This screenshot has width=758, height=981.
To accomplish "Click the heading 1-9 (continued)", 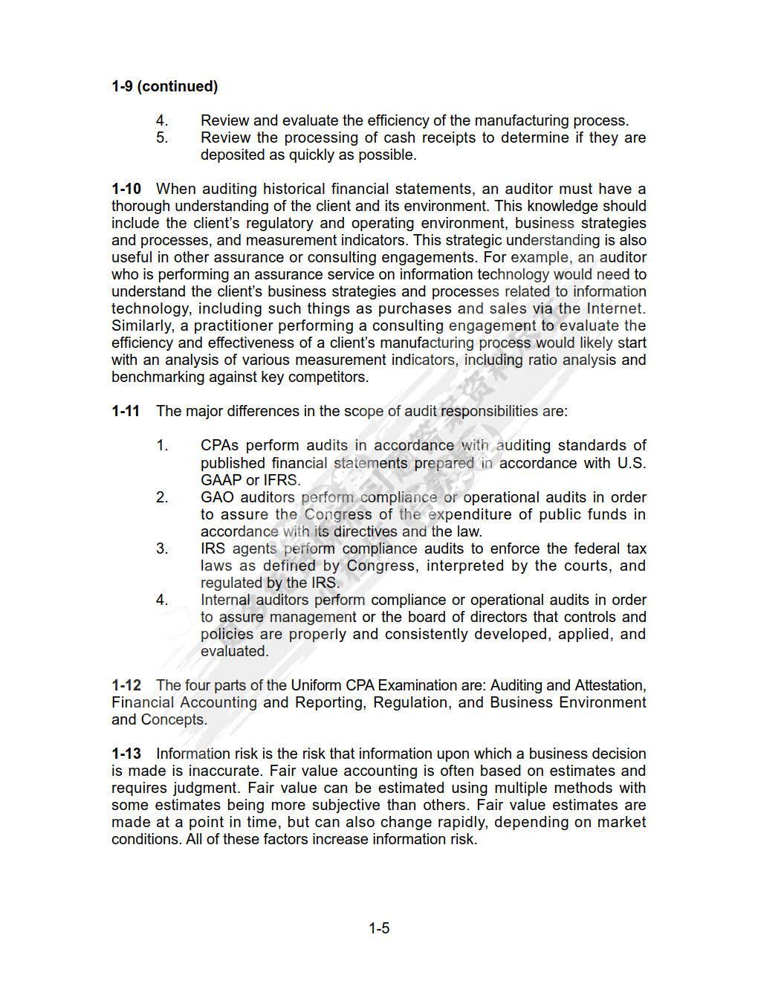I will point(164,86).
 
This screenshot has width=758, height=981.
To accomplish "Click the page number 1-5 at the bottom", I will point(379,927).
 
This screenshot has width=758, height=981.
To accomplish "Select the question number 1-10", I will point(126,189).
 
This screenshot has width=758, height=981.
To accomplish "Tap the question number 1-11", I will point(126,411).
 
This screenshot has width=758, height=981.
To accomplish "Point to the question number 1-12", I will point(126,685).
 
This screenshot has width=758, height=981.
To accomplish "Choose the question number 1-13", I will point(126,754).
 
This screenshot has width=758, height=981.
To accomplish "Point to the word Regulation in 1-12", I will point(411,702).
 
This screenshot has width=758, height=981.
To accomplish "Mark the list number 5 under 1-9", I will point(162,137).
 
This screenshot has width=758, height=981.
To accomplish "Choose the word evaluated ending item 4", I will point(233,651).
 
